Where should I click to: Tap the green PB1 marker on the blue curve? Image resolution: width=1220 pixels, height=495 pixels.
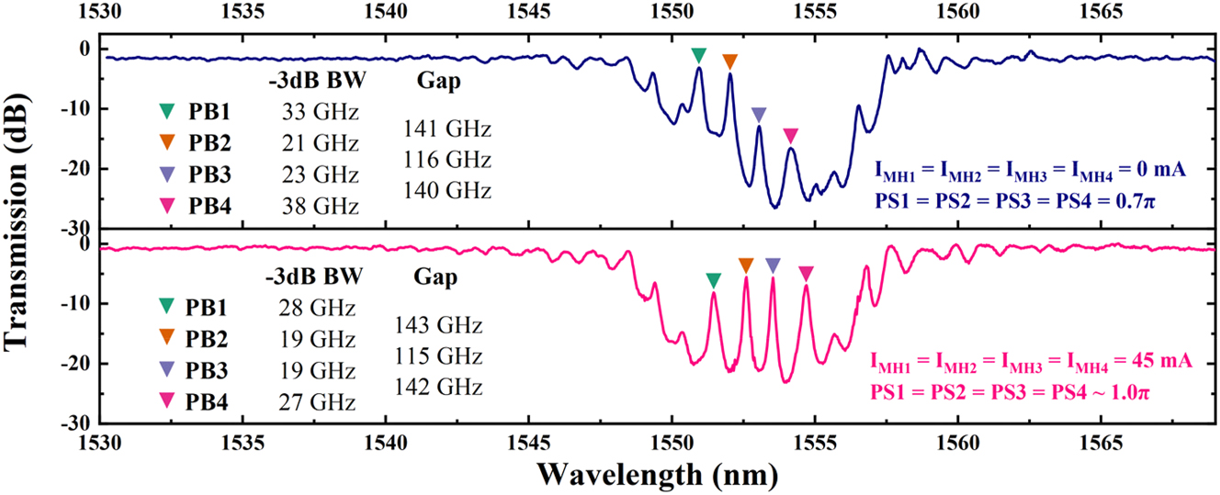click(x=699, y=54)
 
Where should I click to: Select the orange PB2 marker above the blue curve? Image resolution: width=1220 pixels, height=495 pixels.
click(x=729, y=62)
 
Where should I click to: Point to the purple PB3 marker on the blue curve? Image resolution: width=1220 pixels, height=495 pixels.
click(x=758, y=115)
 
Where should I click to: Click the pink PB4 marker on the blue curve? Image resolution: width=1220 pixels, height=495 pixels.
click(x=791, y=135)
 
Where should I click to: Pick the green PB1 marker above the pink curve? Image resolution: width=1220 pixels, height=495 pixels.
click(x=714, y=279)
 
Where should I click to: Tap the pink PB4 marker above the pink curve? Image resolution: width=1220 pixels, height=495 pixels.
click(x=806, y=273)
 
